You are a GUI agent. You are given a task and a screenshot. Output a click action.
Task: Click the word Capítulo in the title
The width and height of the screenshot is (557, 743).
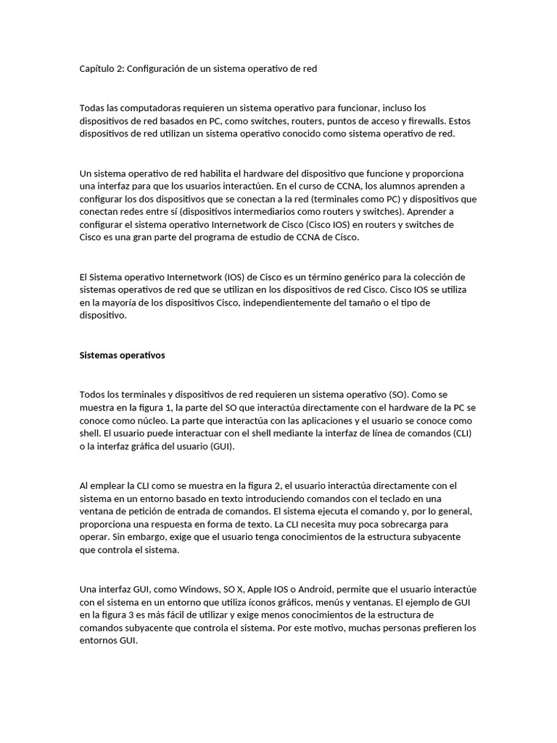97,68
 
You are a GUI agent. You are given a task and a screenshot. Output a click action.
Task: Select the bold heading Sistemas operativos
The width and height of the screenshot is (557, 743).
122,355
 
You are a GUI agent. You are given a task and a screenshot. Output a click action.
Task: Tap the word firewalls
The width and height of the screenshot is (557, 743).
428,120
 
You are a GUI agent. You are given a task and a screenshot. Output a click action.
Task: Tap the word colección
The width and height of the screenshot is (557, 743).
444,277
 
